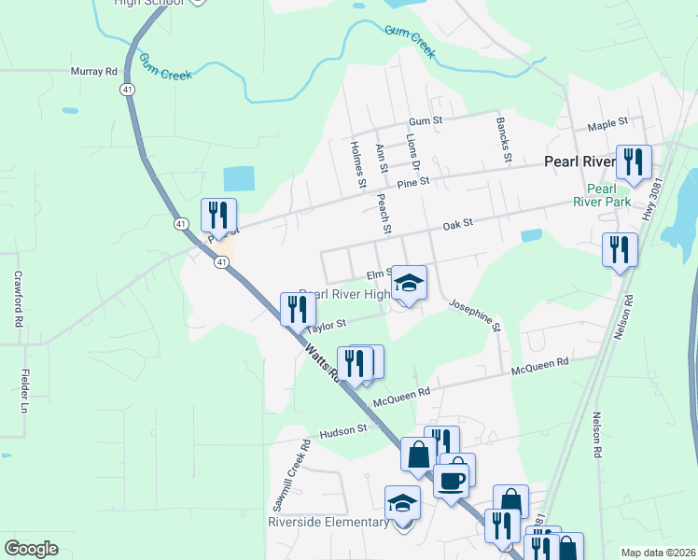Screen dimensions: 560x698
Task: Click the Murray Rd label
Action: pyautogui.click(x=94, y=71)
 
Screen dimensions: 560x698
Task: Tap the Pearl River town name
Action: pyautogui.click(x=579, y=161)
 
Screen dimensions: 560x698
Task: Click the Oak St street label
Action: pyautogui.click(x=458, y=223)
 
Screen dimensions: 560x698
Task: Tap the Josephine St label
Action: pyautogui.click(x=475, y=315)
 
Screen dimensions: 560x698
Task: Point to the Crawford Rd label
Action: pyautogui.click(x=17, y=299)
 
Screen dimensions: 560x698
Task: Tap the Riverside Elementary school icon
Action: pyautogui.click(x=403, y=502)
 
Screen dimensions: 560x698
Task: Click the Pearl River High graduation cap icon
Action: pyautogui.click(x=409, y=282)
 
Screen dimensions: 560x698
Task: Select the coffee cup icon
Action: pyautogui.click(x=451, y=482)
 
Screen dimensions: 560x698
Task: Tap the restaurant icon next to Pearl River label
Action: pyautogui.click(x=635, y=162)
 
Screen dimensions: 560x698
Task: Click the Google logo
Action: pyautogui.click(x=31, y=549)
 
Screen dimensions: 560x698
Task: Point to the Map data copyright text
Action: pyautogui.click(x=658, y=553)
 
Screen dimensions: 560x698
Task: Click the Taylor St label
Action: pyautogui.click(x=328, y=325)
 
